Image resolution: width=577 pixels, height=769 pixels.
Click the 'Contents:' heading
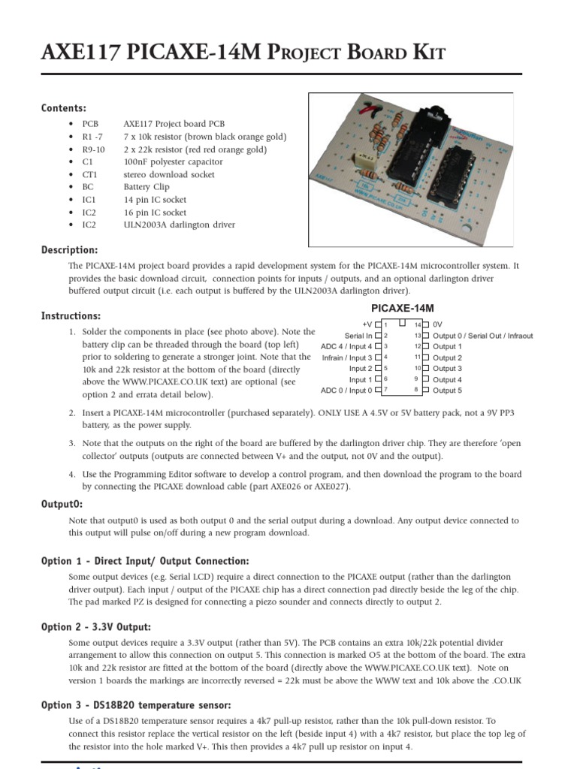tap(64, 108)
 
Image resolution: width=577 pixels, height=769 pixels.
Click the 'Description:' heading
tap(70, 250)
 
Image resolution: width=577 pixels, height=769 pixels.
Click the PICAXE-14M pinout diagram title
tap(403, 309)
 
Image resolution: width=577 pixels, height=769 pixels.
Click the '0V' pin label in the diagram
tap(438, 324)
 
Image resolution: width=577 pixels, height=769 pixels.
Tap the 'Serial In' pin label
tap(358, 336)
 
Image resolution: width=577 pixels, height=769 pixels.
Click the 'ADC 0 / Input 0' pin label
tap(346, 391)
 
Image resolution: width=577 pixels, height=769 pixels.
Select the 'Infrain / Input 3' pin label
tap(347, 357)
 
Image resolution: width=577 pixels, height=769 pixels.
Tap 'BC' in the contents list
tap(88, 187)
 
